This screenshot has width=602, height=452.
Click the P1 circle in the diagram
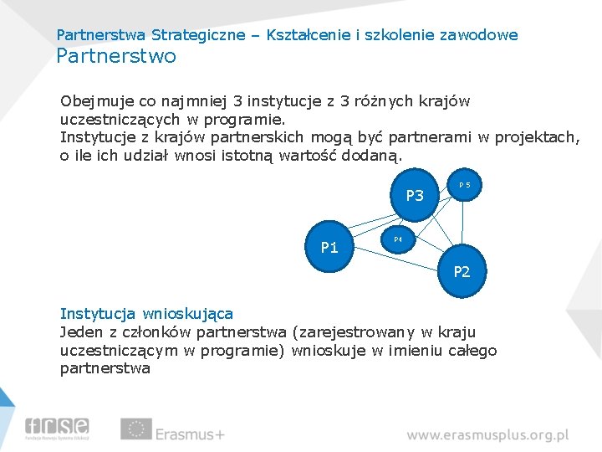330,247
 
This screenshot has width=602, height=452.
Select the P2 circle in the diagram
461,271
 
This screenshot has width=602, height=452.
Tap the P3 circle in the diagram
415,196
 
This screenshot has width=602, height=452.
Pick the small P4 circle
398,240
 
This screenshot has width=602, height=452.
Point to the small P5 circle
464,184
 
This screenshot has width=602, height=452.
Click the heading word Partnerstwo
116,56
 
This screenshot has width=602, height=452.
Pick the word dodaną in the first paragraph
375,156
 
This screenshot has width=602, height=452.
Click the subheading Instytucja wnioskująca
146,314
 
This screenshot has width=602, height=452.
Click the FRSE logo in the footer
57,429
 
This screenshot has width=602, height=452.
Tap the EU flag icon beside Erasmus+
135,429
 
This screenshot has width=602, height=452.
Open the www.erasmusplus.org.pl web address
487,435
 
